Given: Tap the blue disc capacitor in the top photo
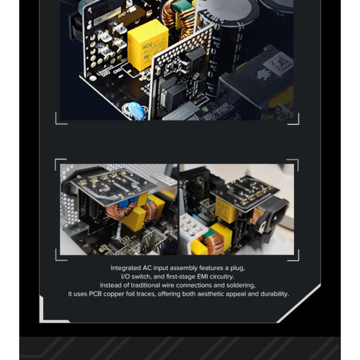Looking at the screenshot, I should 136,111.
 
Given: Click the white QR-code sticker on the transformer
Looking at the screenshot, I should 278,65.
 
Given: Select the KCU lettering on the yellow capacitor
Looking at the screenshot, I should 147,46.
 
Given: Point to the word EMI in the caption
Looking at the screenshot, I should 202,276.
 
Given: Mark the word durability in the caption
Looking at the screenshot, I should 275,294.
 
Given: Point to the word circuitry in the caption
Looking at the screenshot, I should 221,276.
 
